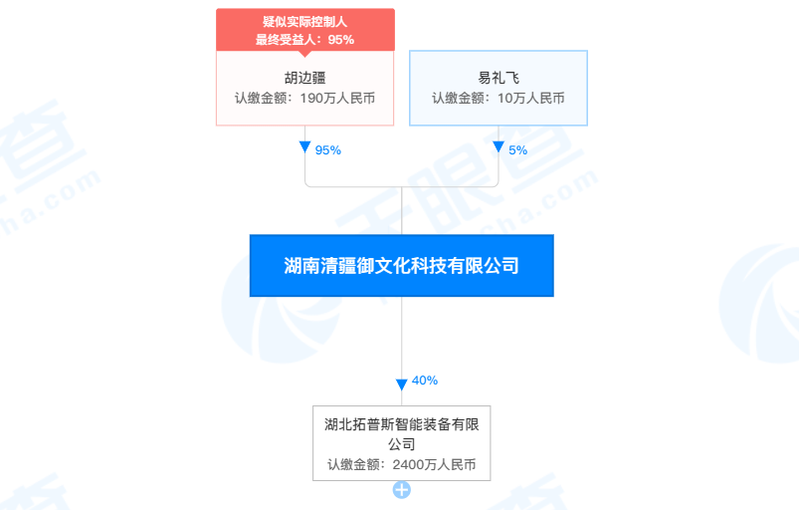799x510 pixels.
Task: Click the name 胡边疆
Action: click(x=304, y=78)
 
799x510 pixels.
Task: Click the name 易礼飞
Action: click(x=499, y=78)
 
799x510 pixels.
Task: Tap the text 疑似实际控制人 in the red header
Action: click(x=304, y=22)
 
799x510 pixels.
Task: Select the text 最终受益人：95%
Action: click(x=304, y=39)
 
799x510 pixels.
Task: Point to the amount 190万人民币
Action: click(x=337, y=98)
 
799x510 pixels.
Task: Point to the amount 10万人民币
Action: click(x=531, y=98)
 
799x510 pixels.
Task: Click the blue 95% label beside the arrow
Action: click(x=327, y=150)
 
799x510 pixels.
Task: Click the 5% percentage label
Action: click(x=517, y=150)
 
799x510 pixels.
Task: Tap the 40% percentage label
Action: click(x=425, y=381)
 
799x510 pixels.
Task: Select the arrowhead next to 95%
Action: click(x=304, y=146)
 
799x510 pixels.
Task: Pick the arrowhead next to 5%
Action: click(x=499, y=146)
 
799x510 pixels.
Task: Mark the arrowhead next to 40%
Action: click(x=402, y=384)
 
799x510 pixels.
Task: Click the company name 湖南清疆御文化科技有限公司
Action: click(x=402, y=266)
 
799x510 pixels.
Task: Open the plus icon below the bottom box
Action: click(x=402, y=490)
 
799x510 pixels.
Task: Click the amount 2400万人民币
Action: click(x=434, y=464)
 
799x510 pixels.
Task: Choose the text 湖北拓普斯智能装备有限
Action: click(x=402, y=424)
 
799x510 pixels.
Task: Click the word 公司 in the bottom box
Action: click(x=402, y=444)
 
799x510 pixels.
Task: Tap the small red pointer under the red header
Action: click(x=304, y=54)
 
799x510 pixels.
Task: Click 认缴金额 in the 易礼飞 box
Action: click(x=458, y=98)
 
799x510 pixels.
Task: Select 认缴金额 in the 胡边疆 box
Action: click(x=261, y=98)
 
